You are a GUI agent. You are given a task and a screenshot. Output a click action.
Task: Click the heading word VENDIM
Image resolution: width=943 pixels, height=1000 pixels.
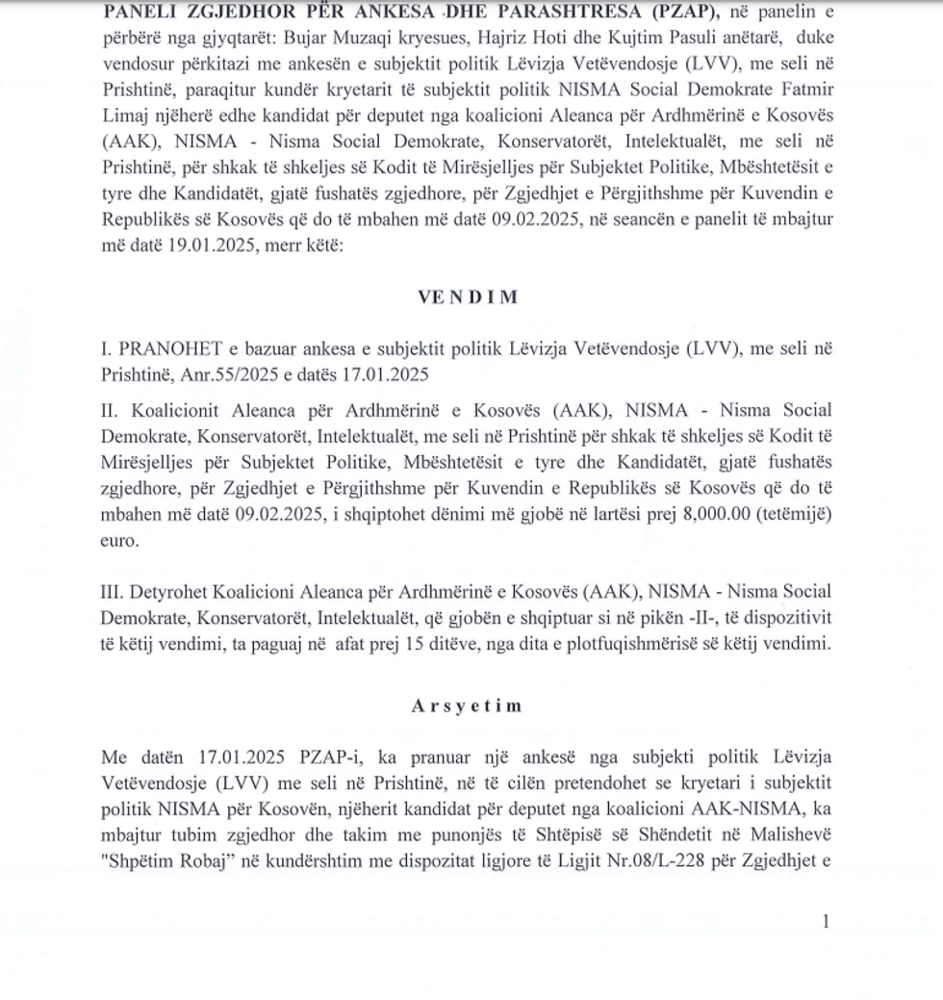(x=468, y=296)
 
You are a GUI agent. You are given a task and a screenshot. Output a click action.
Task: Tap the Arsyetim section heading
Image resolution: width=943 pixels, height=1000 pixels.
(x=467, y=705)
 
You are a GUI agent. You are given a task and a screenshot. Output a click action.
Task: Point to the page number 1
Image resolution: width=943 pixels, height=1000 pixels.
(x=825, y=922)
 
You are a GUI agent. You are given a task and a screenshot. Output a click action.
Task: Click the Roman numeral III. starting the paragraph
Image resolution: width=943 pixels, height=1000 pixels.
(x=115, y=591)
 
